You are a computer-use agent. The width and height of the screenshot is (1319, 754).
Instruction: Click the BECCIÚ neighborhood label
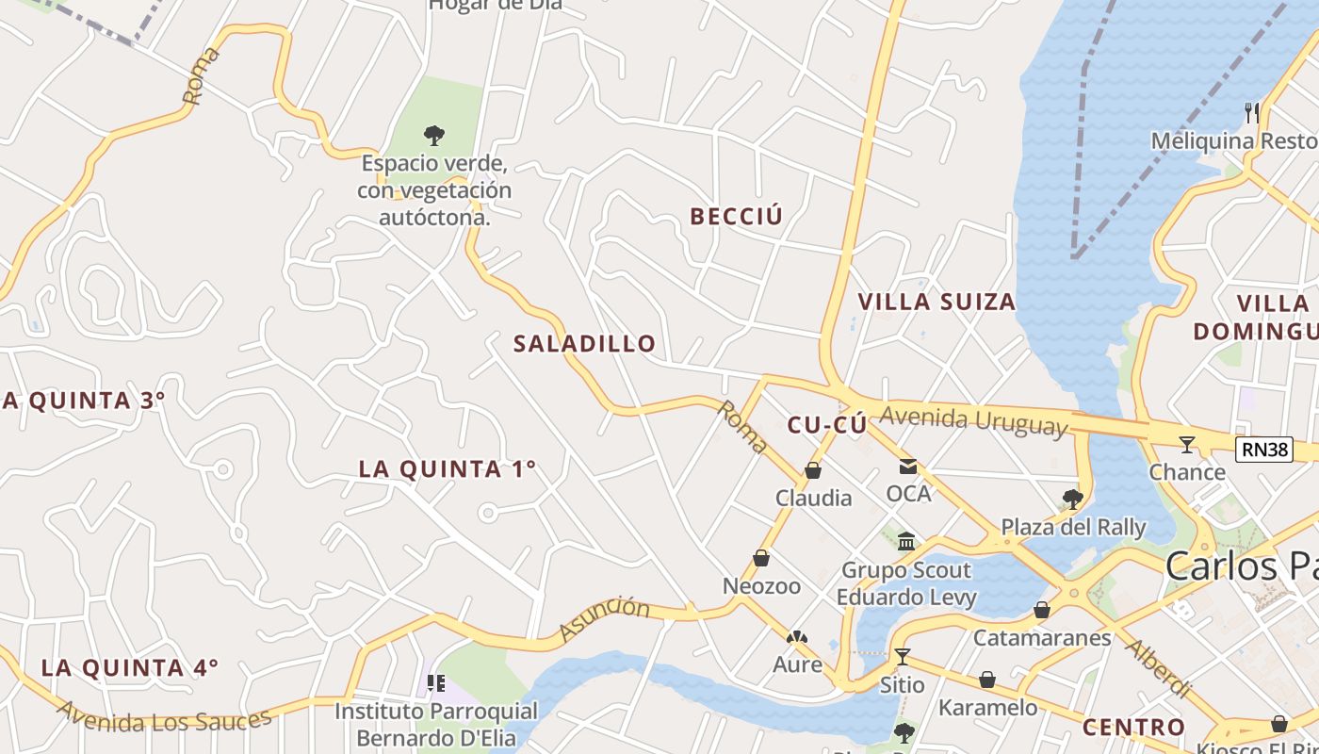[737, 217]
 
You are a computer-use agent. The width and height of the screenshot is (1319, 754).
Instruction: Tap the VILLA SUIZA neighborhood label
[936, 302]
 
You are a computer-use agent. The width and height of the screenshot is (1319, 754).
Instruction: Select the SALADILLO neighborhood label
[584, 344]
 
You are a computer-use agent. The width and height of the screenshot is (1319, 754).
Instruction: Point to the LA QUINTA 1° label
[448, 468]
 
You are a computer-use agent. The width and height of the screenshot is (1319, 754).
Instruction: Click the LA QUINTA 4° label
[130, 667]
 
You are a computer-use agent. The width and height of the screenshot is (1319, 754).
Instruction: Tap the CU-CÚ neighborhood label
[826, 425]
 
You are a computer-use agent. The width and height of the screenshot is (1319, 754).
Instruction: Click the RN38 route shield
[1264, 450]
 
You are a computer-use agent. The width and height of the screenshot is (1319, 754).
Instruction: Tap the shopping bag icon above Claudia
[813, 470]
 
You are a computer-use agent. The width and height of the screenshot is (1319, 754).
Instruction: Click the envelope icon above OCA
[908, 467]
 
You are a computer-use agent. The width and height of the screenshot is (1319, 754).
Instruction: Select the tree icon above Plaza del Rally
[1072, 499]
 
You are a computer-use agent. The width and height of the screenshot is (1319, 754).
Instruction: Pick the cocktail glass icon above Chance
[1187, 445]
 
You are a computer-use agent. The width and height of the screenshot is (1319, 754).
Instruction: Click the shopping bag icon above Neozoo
[761, 559]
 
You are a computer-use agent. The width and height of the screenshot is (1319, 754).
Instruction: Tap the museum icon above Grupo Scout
[906, 541]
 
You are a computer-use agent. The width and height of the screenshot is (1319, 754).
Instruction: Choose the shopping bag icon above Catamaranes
[1042, 611]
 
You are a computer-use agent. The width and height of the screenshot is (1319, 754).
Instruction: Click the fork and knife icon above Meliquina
[1252, 113]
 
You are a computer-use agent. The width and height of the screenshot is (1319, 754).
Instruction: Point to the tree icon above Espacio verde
[434, 136]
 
